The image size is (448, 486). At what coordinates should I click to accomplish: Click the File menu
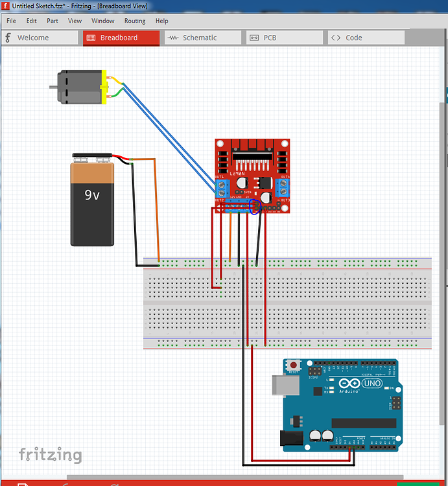[x=11, y=21]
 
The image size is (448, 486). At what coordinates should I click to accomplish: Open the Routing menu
[x=134, y=21]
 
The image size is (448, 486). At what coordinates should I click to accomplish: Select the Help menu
[x=161, y=21]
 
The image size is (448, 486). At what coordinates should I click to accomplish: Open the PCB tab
[x=269, y=38]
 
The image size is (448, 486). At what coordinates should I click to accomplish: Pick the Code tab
[x=353, y=38]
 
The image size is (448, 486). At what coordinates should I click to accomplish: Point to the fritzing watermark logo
[x=50, y=454]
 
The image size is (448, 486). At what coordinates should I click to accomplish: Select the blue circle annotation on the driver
[x=255, y=207]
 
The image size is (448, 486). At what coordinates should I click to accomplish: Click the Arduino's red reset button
[x=294, y=365]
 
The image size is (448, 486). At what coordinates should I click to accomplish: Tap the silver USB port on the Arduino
[x=285, y=386]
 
